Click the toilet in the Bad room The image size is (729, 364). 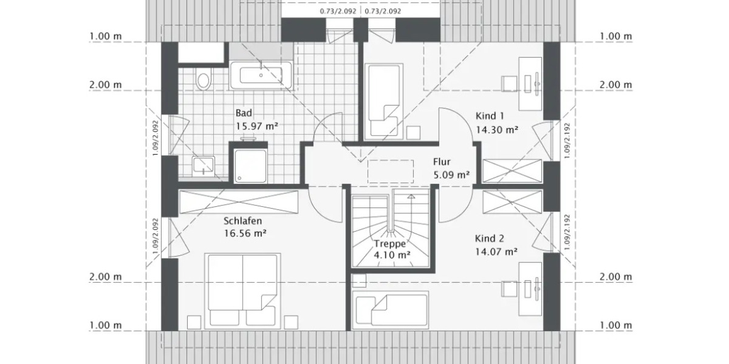203,78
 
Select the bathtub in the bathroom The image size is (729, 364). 260,75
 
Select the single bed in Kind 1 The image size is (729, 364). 382,100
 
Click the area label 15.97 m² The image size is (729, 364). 256,126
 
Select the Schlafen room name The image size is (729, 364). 242,221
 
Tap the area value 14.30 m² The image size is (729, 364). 496,129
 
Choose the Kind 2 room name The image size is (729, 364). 489,238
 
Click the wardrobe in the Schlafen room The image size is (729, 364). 238,201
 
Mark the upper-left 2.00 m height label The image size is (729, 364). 105,84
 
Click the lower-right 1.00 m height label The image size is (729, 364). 615,326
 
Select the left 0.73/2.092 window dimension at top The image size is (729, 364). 337,11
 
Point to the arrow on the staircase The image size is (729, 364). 411,197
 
